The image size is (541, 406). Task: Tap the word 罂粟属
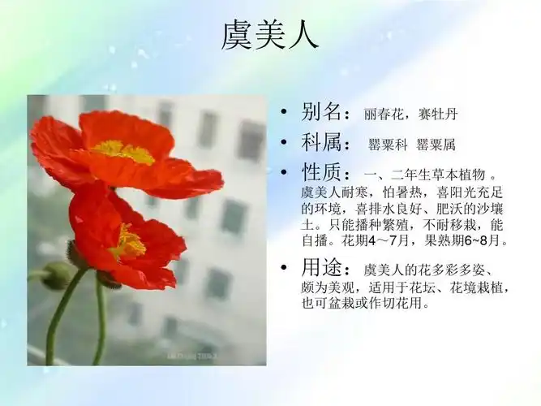pos(436,145)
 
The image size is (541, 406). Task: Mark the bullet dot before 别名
pos(283,112)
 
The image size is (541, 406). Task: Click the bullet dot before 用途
pos(283,269)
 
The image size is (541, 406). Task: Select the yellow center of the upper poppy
pos(122,151)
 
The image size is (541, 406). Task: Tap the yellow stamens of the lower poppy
pos(127,243)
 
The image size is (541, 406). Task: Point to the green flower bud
pos(57,275)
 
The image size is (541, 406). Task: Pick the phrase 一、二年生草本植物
pos(425,176)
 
